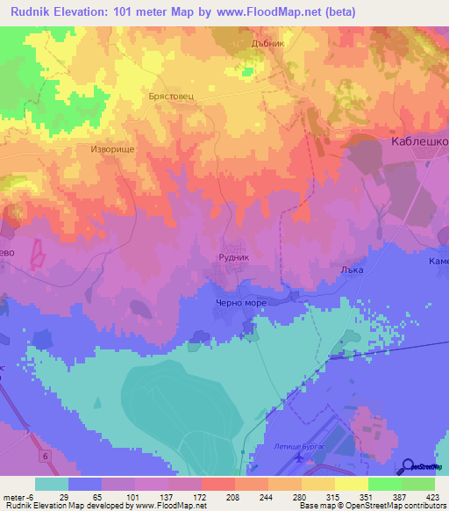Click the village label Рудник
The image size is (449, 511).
pyautogui.click(x=233, y=256)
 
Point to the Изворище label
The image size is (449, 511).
pyautogui.click(x=111, y=149)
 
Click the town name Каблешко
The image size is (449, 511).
pyautogui.click(x=419, y=141)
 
